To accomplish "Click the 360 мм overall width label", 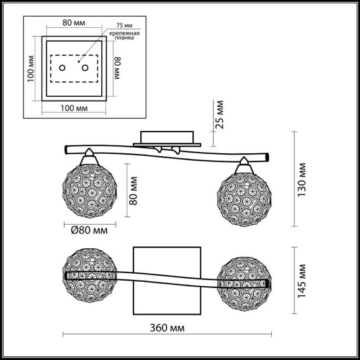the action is [x=167, y=328].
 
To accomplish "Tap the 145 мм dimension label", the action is [x=302, y=281].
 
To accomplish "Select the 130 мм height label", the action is [x=302, y=179].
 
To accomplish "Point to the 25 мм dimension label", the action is [x=220, y=114].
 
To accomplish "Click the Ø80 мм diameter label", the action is [x=89, y=230].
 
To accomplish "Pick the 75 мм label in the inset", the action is [x=124, y=25].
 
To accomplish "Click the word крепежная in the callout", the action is [x=124, y=34].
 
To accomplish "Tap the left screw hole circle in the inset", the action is [x=62, y=68].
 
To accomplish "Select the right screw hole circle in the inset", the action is [x=85, y=68].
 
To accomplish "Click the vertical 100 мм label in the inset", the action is [x=30, y=68].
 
